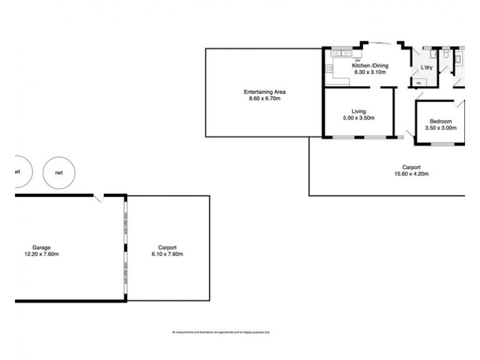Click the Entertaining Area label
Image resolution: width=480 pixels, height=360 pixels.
[265, 92]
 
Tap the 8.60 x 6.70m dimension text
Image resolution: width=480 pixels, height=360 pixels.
[265, 98]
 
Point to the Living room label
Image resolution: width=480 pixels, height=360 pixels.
[359, 111]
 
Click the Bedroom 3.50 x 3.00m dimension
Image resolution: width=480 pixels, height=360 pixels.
[441, 128]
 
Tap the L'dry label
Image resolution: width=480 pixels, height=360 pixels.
[427, 68]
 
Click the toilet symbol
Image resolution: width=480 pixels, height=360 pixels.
[446, 55]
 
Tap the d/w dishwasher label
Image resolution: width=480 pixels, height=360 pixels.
[358, 61]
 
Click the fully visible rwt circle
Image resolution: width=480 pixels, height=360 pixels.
[59, 172]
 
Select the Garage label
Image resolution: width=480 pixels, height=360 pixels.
[41, 247]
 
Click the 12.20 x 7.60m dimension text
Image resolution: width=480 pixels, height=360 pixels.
[41, 254]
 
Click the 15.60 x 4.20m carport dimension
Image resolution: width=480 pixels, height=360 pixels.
[411, 175]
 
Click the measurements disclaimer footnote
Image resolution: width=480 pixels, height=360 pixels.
[221, 332]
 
